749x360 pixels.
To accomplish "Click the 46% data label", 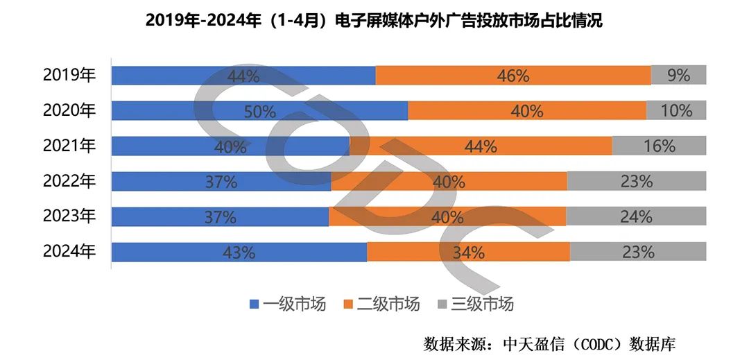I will (513, 76).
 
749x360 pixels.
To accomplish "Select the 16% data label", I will (659, 146).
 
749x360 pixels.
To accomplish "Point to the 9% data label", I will (678, 76).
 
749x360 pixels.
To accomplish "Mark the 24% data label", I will (636, 217).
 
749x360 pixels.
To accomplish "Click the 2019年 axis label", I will (69, 76).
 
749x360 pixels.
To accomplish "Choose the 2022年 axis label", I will (69, 182).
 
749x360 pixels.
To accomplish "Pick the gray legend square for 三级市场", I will (443, 304).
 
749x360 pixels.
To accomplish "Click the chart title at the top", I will (374, 21).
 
